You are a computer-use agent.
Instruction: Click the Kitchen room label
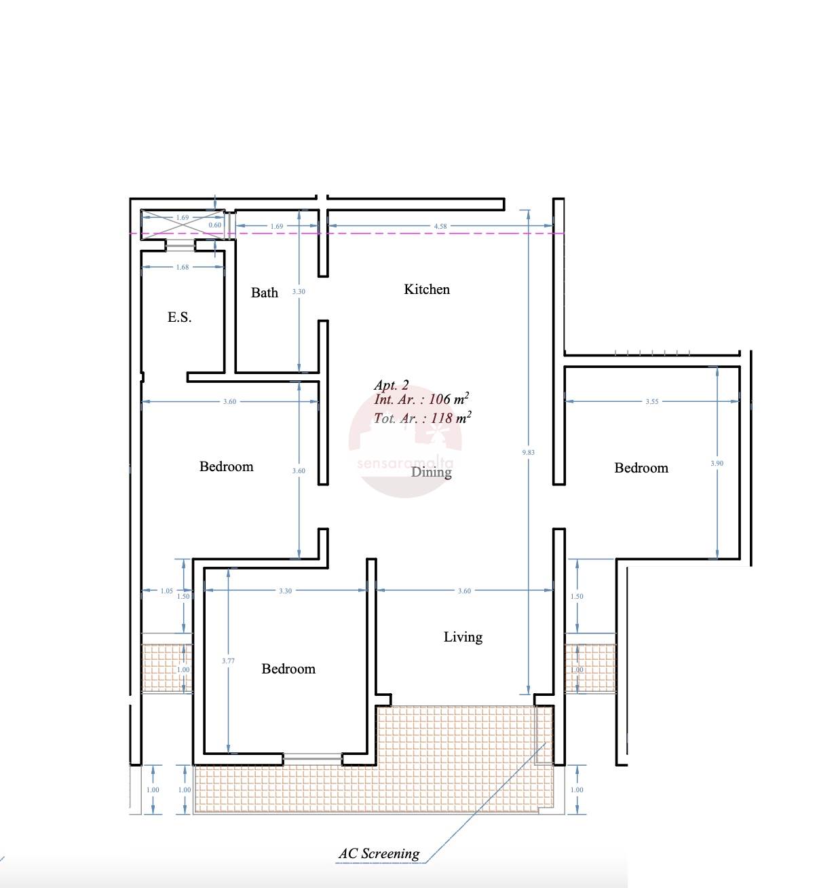coord(427,289)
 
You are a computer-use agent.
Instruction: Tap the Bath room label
coord(264,293)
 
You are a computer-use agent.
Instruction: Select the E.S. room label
coord(179,317)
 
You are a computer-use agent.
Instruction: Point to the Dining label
coord(431,472)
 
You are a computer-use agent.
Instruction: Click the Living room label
coord(463,637)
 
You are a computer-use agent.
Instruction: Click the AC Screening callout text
coord(379,853)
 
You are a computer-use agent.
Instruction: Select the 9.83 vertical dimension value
coord(528,452)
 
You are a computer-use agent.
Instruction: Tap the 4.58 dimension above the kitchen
coord(440,226)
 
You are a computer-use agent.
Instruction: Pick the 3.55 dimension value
coord(651,401)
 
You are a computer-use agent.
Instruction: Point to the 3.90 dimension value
coord(717,463)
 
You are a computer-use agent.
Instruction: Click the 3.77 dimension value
coord(228,661)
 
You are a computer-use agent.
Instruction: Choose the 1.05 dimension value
coord(166,591)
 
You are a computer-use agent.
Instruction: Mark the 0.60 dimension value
coord(214,225)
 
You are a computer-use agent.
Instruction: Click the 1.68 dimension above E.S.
coord(183,267)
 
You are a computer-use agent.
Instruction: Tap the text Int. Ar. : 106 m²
coord(421,399)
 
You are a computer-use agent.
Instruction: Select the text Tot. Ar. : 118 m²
coord(422,418)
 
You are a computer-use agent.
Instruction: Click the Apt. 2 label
coord(392,385)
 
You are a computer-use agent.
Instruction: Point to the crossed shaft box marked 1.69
coord(183,224)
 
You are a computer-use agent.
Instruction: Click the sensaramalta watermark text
coord(405,464)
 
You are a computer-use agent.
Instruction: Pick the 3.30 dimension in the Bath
coord(299,291)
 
